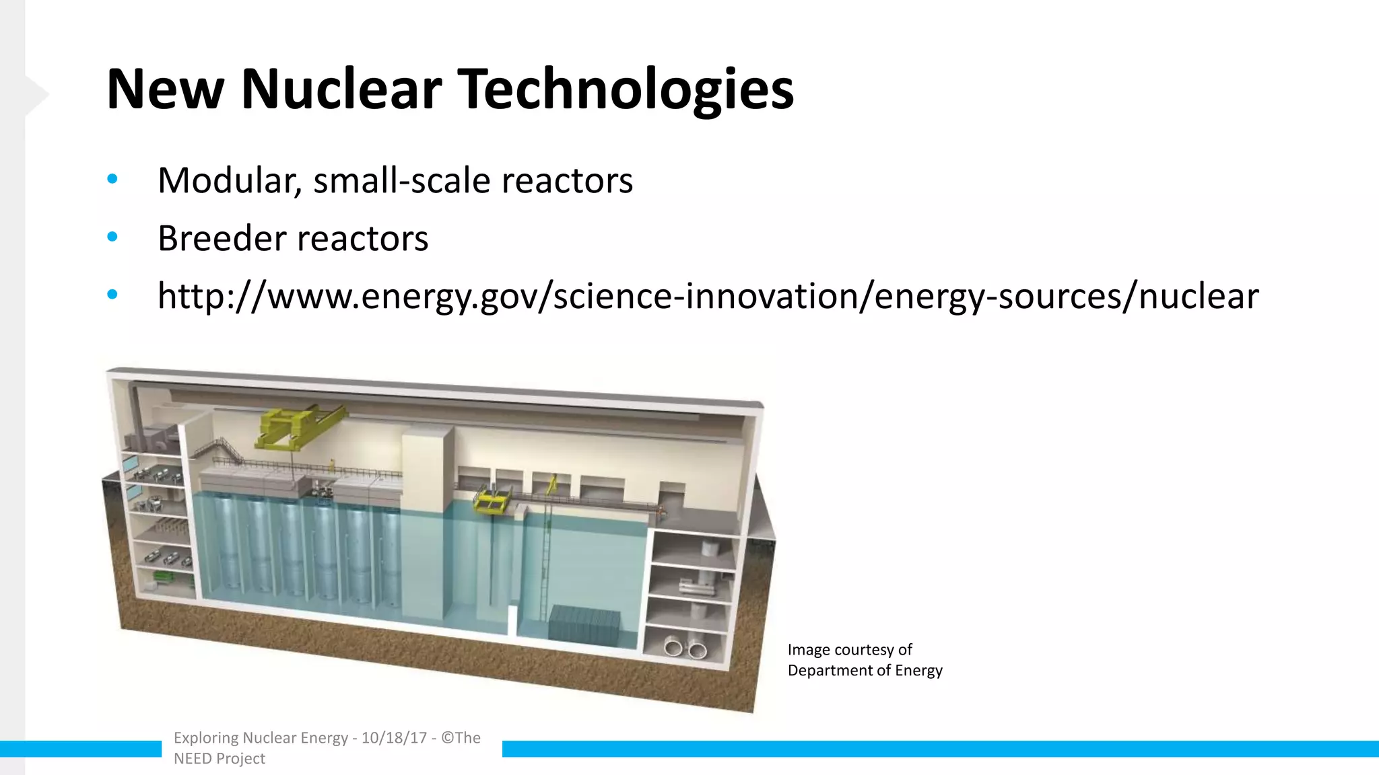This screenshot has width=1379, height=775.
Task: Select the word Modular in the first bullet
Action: pos(229,180)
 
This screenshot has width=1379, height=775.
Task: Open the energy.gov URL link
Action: pos(708,296)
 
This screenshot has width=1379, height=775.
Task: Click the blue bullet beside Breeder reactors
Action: pos(112,237)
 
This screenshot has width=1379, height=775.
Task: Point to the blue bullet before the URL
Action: pos(112,295)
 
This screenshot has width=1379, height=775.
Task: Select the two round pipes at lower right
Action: pos(683,649)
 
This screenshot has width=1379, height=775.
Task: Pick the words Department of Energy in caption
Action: pos(865,671)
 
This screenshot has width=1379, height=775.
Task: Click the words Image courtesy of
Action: pos(849,650)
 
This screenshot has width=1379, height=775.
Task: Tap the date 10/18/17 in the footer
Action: pos(394,738)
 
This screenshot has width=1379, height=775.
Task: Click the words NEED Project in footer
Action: pos(220,759)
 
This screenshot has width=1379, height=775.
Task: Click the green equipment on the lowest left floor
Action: pos(164,576)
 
